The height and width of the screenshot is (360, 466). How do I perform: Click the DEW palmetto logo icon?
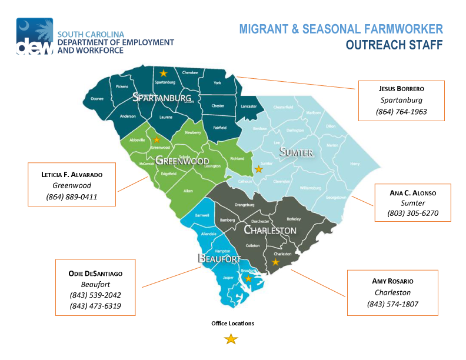pyautogui.click(x=29, y=36)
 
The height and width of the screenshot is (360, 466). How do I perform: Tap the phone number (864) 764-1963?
pyautogui.click(x=402, y=112)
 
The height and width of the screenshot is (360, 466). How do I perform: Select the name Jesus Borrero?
pyautogui.click(x=402, y=88)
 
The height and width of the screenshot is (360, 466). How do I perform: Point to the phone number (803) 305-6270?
pyautogui.click(x=414, y=213)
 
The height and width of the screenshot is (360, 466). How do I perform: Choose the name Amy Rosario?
pyautogui.click(x=392, y=281)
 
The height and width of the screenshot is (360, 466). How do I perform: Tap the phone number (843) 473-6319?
pyautogui.click(x=96, y=306)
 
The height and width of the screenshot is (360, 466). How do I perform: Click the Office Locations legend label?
pyautogui.click(x=232, y=324)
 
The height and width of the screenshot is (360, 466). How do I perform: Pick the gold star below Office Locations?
pyautogui.click(x=232, y=339)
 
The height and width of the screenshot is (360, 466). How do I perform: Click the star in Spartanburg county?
pyautogui.click(x=164, y=73)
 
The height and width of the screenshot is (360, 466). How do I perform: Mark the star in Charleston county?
pyautogui.click(x=275, y=262)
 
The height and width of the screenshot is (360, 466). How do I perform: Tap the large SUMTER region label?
pyautogui.click(x=297, y=153)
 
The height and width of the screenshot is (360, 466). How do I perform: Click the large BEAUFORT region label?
pyautogui.click(x=219, y=259)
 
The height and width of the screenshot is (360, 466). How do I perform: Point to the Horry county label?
pyautogui.click(x=355, y=164)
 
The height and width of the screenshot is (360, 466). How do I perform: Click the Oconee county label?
pyautogui.click(x=97, y=98)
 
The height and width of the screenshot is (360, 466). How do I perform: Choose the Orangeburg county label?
pyautogui.click(x=244, y=205)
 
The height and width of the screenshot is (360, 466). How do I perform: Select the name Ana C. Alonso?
pyautogui.click(x=414, y=192)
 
